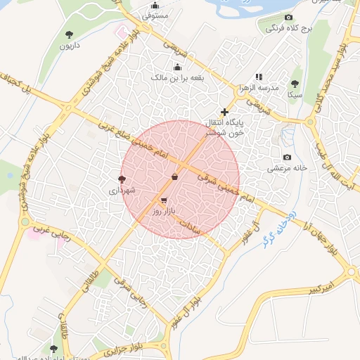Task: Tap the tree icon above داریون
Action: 69,34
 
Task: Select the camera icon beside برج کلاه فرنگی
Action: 288,18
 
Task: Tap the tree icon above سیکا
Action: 295,82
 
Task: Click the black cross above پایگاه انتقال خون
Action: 225,112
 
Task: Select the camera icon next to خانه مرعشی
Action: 286,157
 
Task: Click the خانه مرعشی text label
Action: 288,169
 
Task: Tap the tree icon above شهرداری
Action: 122,179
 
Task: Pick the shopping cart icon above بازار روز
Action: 164,200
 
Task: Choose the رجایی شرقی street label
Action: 136,300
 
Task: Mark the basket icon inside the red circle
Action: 174,176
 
